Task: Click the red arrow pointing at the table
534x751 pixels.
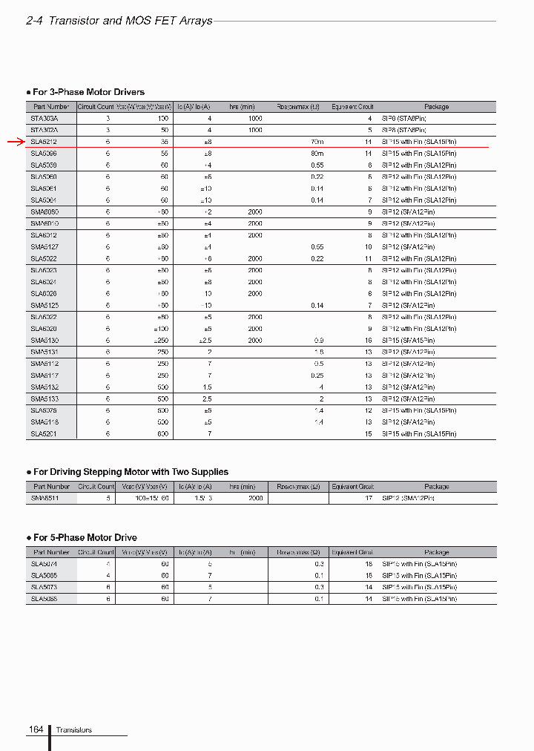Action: click(16, 141)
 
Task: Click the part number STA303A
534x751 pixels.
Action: click(44, 118)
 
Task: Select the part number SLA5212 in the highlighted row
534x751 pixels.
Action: click(44, 141)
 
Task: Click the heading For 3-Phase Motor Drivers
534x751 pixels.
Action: click(88, 92)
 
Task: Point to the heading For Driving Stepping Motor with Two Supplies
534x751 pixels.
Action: click(131, 472)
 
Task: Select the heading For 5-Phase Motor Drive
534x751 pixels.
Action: click(85, 537)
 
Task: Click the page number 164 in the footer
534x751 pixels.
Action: click(36, 730)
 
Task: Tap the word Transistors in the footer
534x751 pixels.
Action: click(74, 730)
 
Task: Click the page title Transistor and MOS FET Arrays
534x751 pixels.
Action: click(130, 21)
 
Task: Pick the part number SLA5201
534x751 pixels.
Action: click(44, 433)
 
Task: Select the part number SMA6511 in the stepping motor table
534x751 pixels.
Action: click(44, 499)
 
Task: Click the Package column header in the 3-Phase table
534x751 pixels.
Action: click(436, 107)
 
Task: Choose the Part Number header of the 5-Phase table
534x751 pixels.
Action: click(51, 552)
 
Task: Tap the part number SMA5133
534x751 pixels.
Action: click(44, 399)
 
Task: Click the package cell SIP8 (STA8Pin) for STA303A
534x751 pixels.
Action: click(404, 118)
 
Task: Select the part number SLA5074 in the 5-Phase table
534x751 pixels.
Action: click(44, 564)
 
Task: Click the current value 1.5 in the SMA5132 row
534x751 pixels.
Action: click(207, 387)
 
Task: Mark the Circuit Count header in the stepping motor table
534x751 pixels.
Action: click(96, 487)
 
